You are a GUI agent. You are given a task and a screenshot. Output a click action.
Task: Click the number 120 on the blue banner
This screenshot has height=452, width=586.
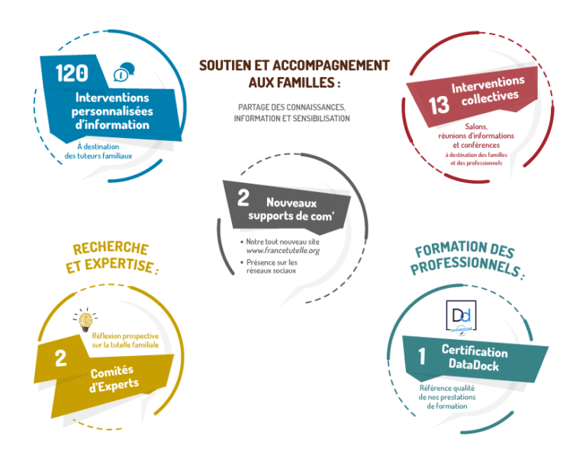coord(72,72)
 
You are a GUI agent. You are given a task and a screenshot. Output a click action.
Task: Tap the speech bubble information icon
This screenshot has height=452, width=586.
coord(124,72)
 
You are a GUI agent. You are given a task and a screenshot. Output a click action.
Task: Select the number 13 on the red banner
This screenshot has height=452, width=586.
coord(439,105)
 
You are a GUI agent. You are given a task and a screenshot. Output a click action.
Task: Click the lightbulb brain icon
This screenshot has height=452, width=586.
coord(85,320)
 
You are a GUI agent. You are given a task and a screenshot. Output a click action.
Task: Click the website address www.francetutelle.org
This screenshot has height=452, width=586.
coord(283,251)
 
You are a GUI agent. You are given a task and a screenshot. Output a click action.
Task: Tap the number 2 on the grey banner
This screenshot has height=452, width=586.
coord(243,197)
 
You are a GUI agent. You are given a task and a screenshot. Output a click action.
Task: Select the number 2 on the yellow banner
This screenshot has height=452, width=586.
coord(60,358)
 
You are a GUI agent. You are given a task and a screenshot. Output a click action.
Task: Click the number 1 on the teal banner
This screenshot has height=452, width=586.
coord(422,356)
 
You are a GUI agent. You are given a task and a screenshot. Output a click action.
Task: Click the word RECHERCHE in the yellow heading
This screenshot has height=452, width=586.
coord(111,248)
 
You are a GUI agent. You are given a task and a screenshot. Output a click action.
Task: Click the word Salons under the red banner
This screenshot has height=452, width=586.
coord(476,127)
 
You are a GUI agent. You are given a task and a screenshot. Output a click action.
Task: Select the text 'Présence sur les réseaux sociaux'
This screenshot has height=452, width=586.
coord(272,267)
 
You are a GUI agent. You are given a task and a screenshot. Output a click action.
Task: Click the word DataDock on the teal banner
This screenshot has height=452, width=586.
coord(474,364)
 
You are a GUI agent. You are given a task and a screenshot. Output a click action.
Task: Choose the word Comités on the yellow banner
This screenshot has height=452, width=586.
coord(112,372)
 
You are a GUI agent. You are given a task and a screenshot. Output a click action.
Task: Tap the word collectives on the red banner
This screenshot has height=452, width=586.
coord(490,98)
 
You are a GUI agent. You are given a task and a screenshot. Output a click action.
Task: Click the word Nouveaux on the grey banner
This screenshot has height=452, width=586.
coord(291,203)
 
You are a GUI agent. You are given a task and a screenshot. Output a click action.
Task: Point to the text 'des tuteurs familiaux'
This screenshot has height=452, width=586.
coord(98,156)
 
